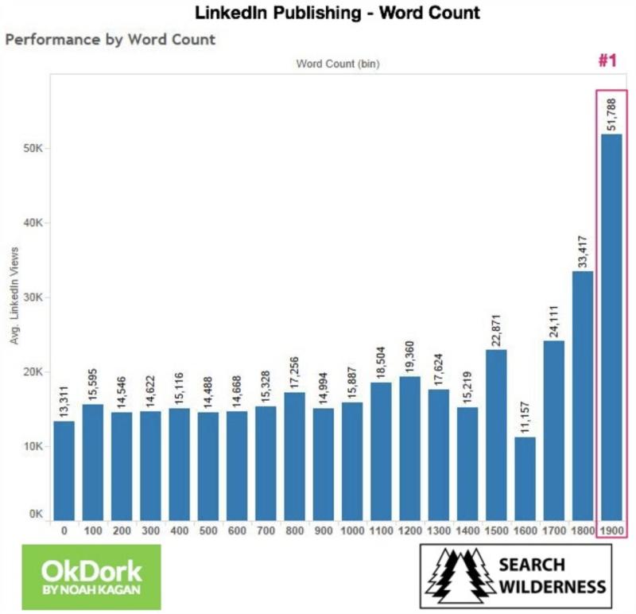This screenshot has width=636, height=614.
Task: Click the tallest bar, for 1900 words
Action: pyautogui.click(x=611, y=326)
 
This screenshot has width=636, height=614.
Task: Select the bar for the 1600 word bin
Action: pyautogui.click(x=525, y=478)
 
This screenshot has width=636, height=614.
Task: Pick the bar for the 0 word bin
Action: pyautogui.click(x=64, y=469)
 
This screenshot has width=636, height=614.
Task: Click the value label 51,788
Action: pyautogui.click(x=611, y=113)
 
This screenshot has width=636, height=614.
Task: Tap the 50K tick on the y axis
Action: pyautogui.click(x=35, y=149)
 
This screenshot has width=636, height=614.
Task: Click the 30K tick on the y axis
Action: pyautogui.click(x=35, y=297)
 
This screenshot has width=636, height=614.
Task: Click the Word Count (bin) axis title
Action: pyautogui.click(x=338, y=64)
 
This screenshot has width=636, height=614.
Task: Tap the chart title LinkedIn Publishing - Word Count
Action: pyautogui.click(x=338, y=13)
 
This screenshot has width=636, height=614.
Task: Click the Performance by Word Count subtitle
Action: pyautogui.click(x=110, y=39)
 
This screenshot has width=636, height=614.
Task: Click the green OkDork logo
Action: pyautogui.click(x=91, y=576)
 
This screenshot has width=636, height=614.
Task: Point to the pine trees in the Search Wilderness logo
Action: pyautogui.click(x=457, y=576)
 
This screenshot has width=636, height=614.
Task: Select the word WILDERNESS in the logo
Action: pyautogui.click(x=552, y=588)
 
